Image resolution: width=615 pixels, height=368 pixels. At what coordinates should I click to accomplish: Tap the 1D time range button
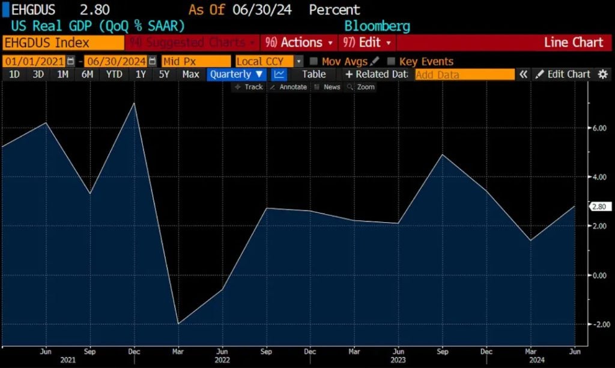coord(14,74)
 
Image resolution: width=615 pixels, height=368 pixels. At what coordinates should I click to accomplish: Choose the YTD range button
coord(114,74)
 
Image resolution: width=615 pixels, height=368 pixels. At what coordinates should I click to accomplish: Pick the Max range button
coord(190,74)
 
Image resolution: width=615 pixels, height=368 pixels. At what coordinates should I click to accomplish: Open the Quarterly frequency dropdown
coord(236,74)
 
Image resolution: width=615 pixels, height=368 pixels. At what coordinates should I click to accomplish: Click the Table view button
coord(314,74)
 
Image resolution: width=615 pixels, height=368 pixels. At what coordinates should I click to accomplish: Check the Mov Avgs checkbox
coord(314,61)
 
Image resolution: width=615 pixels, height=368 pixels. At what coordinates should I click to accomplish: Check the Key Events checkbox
coord(392,61)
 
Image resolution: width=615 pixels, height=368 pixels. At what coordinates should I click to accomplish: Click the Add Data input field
coord(464,74)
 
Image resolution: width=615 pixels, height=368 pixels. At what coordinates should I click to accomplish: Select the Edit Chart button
coord(563,74)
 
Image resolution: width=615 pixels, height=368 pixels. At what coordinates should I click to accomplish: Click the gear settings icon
coord(602,74)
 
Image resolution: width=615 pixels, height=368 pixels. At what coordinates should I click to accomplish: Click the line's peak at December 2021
coord(134,104)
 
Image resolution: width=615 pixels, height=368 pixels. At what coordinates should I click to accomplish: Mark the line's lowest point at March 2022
coord(178,324)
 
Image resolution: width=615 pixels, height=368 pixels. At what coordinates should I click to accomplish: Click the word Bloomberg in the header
coord(377,26)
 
